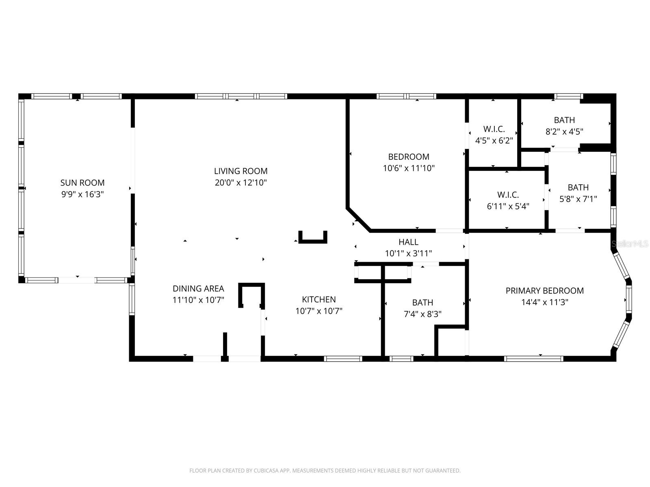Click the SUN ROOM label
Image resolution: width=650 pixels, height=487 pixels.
pyautogui.click(x=82, y=183)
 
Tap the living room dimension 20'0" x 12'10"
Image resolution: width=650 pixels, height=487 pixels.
pyautogui.click(x=241, y=183)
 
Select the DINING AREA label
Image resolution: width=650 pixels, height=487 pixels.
pyautogui.click(x=198, y=289)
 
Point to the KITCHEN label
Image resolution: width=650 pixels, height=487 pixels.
pyautogui.click(x=319, y=300)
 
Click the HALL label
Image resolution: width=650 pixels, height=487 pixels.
pyautogui.click(x=408, y=242)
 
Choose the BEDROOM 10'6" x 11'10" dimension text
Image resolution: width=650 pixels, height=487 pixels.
pyautogui.click(x=409, y=168)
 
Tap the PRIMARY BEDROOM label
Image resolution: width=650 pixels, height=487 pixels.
pyautogui.click(x=544, y=291)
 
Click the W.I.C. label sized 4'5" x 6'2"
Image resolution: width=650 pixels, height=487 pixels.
pyautogui.click(x=494, y=129)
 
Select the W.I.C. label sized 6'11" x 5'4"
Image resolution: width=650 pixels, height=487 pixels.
pyautogui.click(x=508, y=195)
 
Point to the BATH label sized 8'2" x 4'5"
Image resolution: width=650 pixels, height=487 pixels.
pyautogui.click(x=564, y=120)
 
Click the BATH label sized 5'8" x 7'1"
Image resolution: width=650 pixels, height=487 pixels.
pyautogui.click(x=578, y=187)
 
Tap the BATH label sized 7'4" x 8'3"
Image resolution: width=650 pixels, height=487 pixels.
pyautogui.click(x=422, y=302)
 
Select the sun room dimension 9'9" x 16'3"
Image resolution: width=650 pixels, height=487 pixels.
pyautogui.click(x=82, y=194)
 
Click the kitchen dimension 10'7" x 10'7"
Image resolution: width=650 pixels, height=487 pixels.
pyautogui.click(x=319, y=311)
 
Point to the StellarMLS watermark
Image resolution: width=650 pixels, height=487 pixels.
pyautogui.click(x=629, y=244)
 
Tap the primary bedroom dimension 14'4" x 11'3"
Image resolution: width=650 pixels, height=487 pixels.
pyautogui.click(x=544, y=302)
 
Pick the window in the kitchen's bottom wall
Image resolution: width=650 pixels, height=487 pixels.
pyautogui.click(x=343, y=359)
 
